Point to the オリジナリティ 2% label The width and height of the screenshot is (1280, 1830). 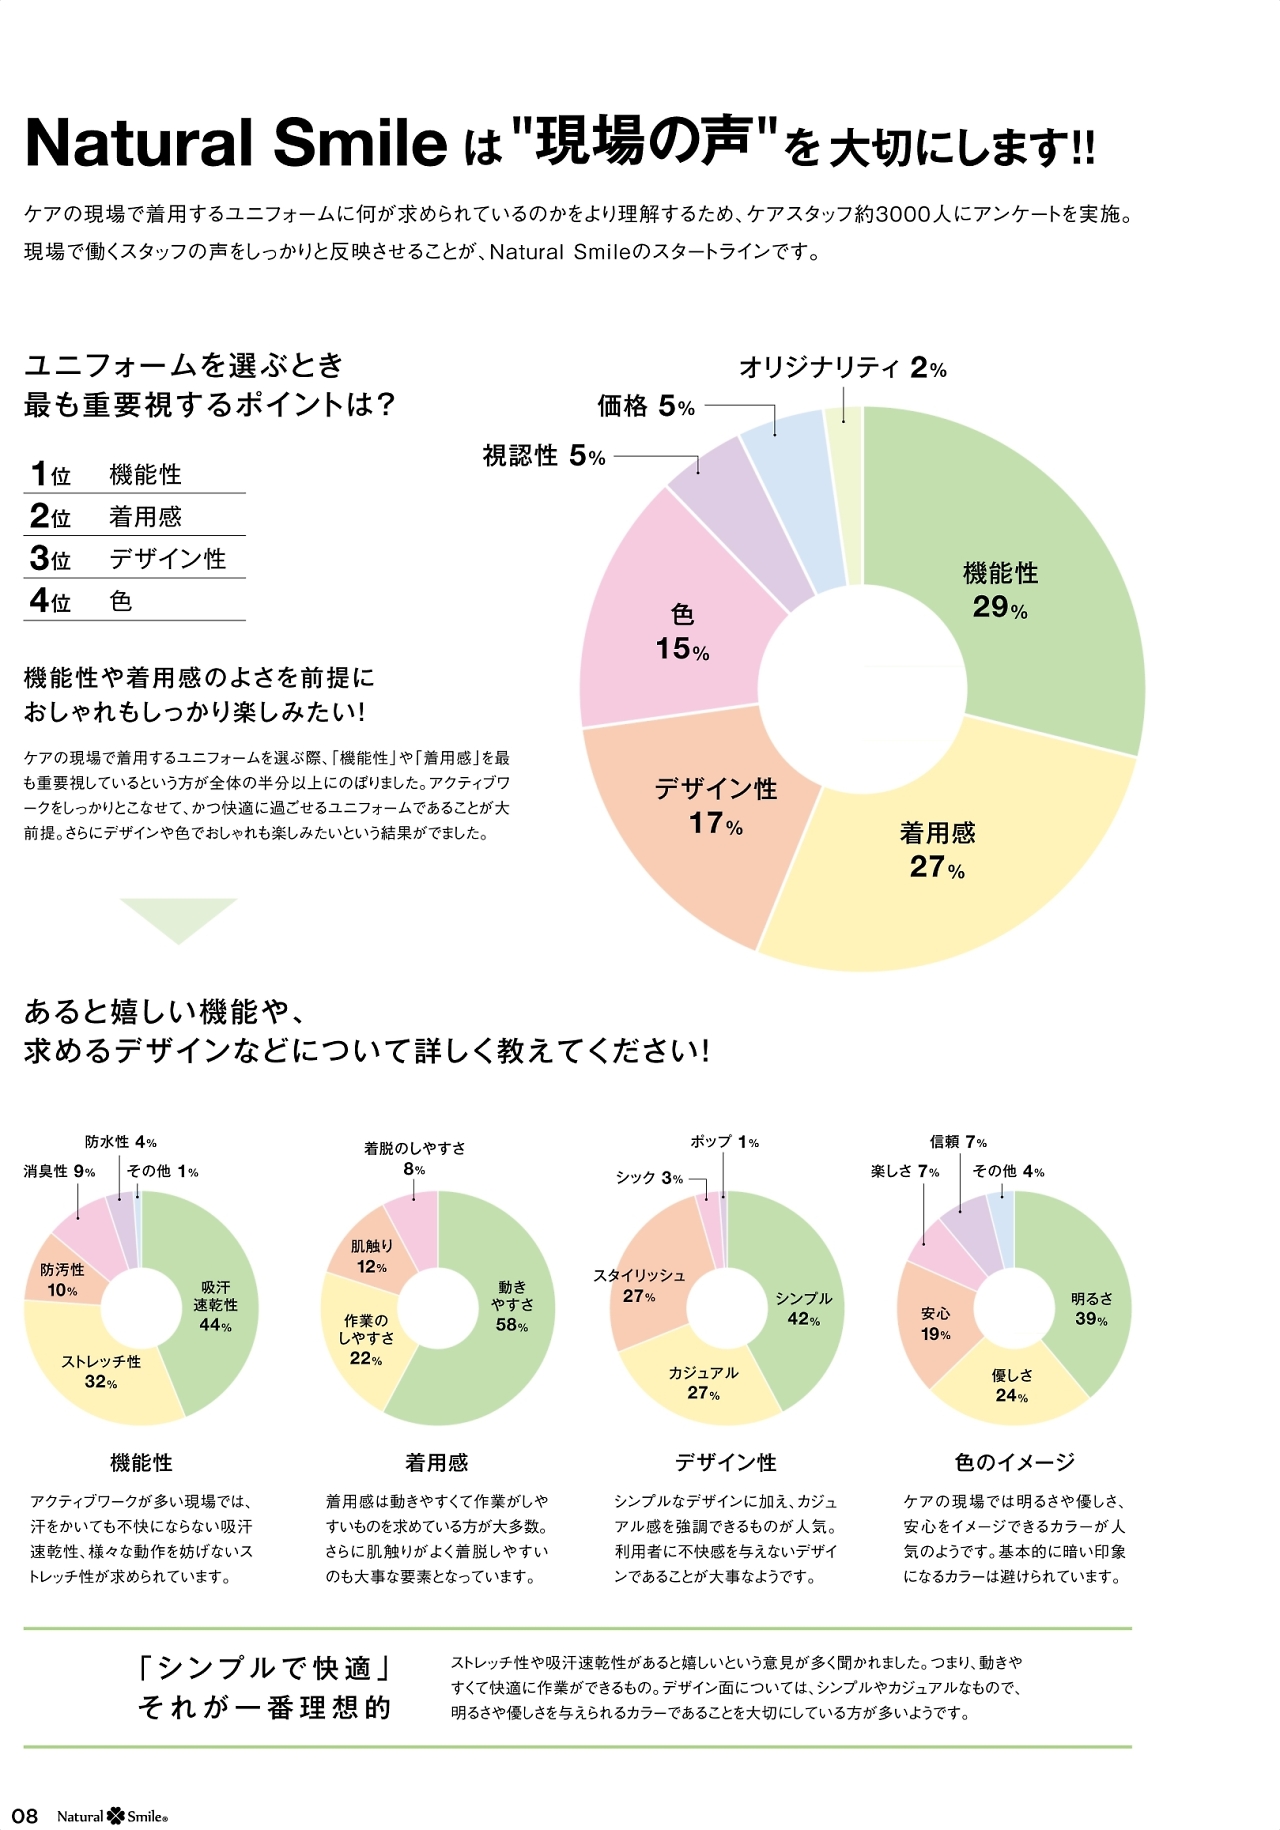click(x=842, y=368)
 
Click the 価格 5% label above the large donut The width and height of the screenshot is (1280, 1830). click(x=646, y=406)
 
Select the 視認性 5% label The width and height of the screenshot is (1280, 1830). click(x=544, y=456)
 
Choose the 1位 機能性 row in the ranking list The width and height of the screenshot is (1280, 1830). click(x=134, y=474)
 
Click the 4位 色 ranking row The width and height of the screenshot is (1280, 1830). click(x=134, y=600)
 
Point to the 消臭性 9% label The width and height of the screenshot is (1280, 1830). click(x=60, y=1171)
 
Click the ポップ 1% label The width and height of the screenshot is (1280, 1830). click(x=724, y=1142)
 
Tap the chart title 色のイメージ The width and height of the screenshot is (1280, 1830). click(x=1014, y=1462)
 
